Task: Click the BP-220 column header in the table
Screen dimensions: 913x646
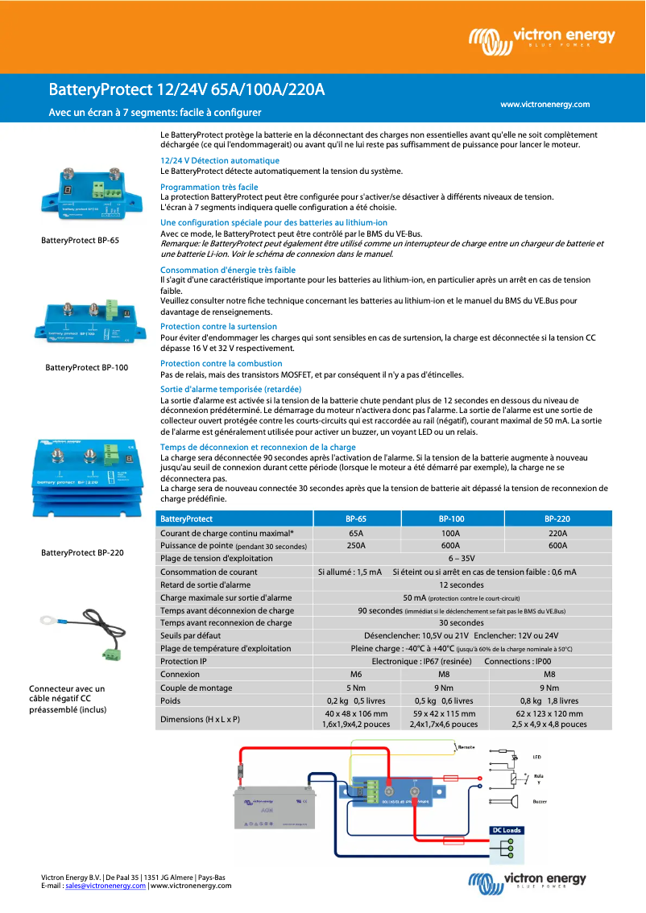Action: (557, 519)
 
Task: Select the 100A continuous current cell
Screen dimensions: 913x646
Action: (450, 533)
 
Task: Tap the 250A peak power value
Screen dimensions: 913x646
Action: (355, 545)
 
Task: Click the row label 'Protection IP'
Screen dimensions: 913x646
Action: (184, 661)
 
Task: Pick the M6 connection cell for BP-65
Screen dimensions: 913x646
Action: (355, 675)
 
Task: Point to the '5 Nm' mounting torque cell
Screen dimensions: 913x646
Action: (355, 688)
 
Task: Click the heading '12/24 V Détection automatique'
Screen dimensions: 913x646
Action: (220, 161)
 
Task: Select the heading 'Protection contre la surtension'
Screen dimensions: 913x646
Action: (218, 326)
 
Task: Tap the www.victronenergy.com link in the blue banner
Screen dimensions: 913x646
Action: (545, 105)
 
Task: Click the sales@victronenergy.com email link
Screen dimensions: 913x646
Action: (106, 886)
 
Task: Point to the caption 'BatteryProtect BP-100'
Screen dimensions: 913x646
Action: (86, 367)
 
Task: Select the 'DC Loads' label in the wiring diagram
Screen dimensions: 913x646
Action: (506, 830)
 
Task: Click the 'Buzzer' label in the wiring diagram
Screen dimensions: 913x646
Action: (540, 802)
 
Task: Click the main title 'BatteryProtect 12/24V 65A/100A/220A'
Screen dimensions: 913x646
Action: (186, 89)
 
